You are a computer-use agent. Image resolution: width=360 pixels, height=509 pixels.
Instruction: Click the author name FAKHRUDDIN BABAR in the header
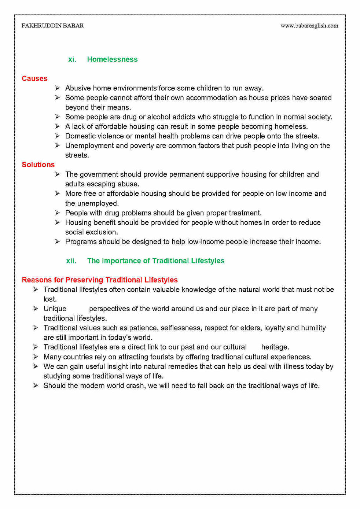tap(52, 26)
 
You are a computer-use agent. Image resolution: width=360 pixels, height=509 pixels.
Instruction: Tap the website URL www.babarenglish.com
tap(309, 26)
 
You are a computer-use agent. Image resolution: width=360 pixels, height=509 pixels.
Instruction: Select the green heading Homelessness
tap(112, 59)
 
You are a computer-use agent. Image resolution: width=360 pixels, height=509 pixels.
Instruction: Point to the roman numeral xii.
tap(71, 261)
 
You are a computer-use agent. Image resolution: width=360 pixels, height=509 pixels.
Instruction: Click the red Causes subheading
tap(34, 78)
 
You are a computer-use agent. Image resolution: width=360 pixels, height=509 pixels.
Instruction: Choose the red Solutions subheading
tap(38, 165)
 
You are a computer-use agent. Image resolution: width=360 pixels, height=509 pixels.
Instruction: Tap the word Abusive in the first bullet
tap(78, 88)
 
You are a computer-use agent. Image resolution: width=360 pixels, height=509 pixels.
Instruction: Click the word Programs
tap(79, 242)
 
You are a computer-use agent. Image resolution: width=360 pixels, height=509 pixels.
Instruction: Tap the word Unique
tap(55, 309)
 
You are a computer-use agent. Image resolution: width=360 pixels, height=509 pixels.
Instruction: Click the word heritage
tap(275, 347)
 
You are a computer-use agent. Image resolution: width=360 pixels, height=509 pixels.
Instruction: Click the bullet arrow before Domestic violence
tap(58, 136)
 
